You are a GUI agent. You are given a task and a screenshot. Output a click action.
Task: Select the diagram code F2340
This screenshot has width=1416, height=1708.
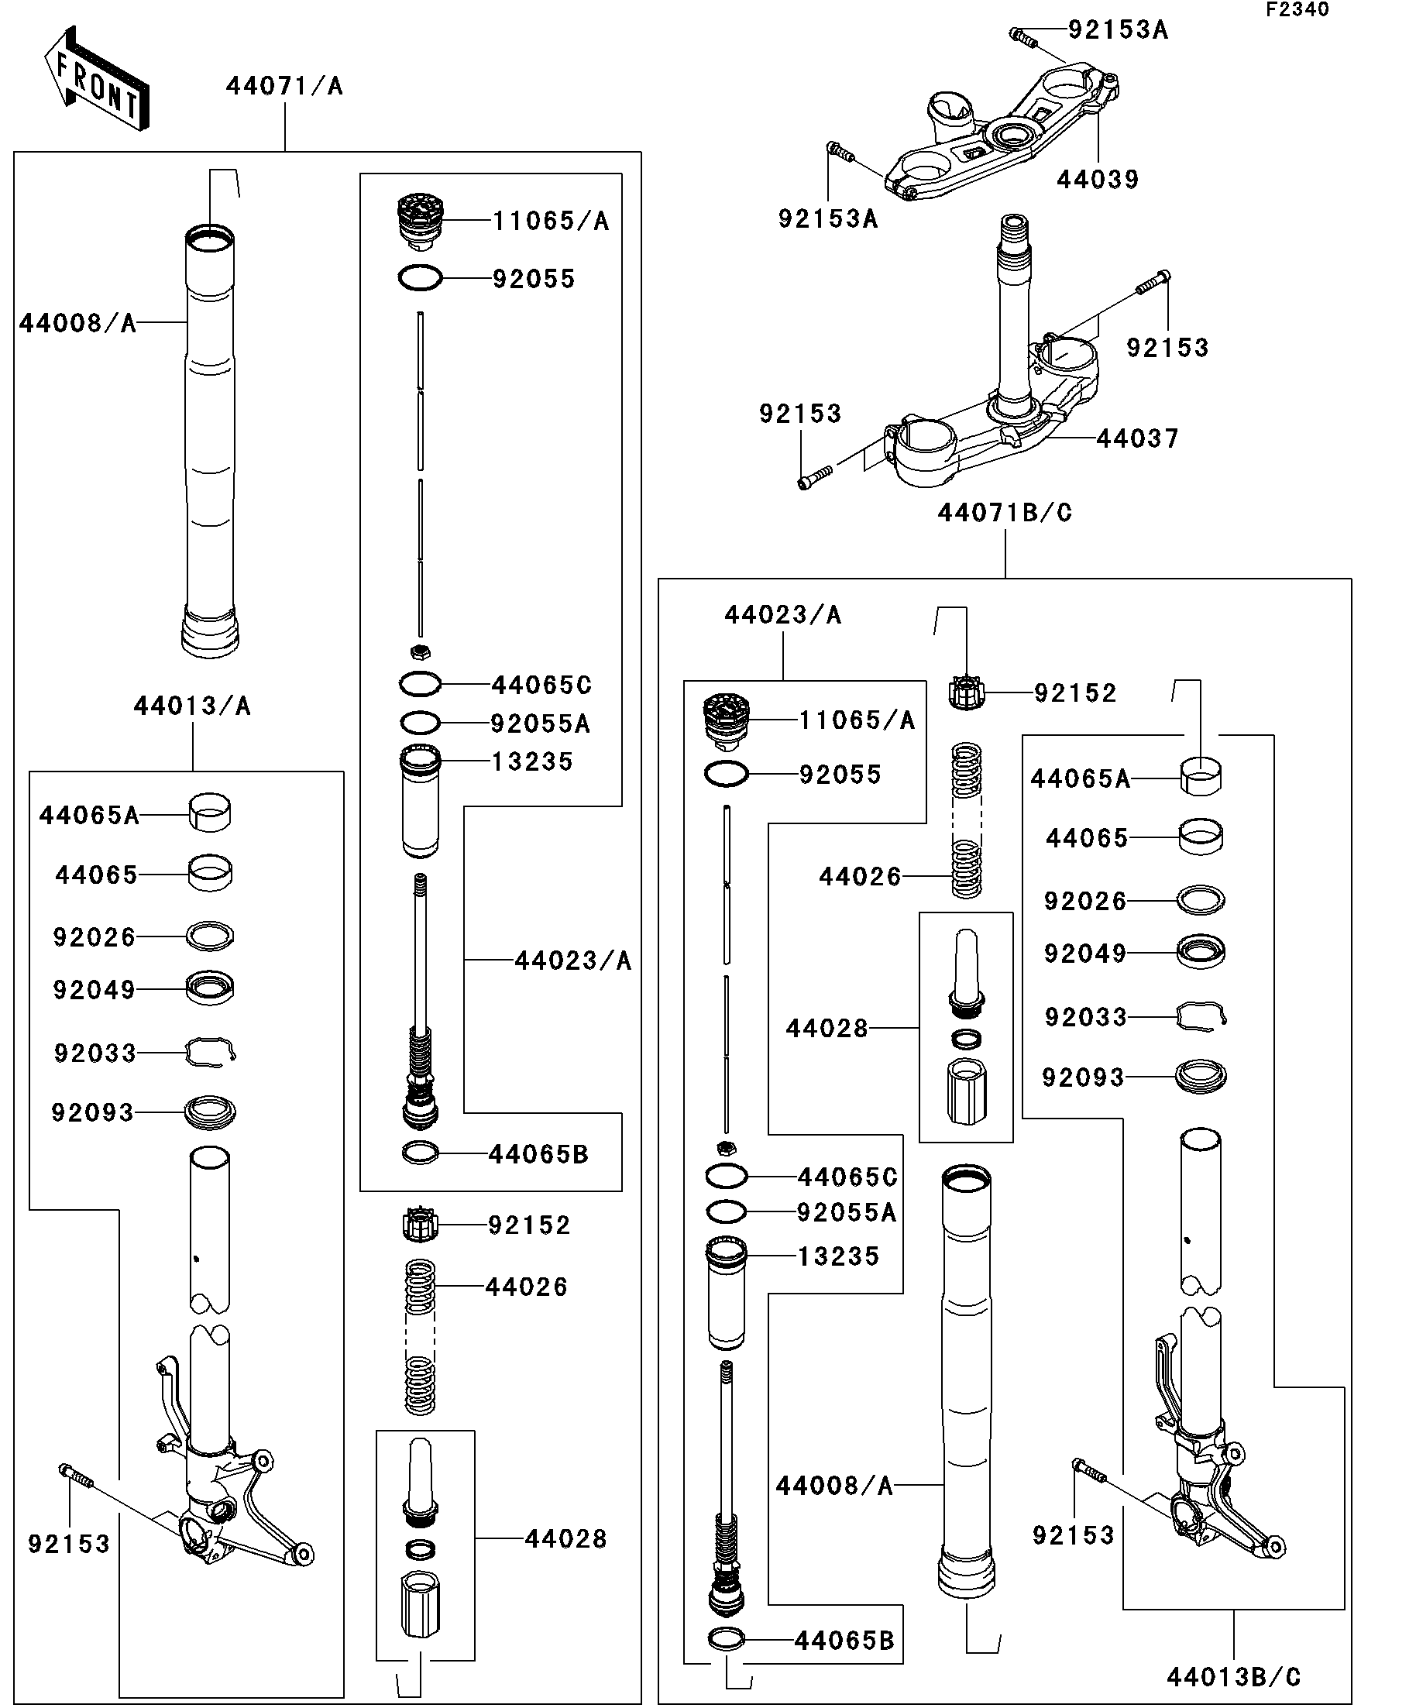1297,10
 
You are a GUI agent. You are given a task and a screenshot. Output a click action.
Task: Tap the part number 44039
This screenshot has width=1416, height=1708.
1097,180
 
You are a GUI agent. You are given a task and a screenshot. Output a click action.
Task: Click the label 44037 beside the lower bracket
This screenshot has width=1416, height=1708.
1136,439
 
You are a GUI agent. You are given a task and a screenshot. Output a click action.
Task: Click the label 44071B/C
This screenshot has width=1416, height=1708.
1005,514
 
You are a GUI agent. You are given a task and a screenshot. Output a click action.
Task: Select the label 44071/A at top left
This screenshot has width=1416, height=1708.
284,86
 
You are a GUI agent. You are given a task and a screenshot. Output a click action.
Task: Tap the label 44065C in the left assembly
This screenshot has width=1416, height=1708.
541,685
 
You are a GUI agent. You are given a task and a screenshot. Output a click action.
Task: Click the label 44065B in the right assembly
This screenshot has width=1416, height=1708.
844,1641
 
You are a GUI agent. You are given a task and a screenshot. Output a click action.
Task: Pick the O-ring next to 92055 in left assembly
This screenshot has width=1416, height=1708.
421,279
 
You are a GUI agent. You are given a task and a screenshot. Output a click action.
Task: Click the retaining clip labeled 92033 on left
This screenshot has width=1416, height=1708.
210,1051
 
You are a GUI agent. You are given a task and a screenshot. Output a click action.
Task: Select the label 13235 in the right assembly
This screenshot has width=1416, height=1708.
837,1256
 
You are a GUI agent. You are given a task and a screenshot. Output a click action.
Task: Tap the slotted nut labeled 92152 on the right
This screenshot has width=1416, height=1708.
966,694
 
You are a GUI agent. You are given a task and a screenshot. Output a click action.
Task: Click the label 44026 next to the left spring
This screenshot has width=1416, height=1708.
525,1287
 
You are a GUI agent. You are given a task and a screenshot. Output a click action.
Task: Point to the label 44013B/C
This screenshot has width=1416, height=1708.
1233,1677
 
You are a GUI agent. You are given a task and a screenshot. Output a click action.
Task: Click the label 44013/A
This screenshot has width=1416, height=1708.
192,706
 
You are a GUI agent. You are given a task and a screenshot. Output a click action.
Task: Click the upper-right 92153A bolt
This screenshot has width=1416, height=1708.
1022,35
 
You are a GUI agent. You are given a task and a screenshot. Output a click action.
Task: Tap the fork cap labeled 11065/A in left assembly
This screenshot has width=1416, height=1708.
421,220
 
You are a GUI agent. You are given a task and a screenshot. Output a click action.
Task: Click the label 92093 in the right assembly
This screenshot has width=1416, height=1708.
1083,1077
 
